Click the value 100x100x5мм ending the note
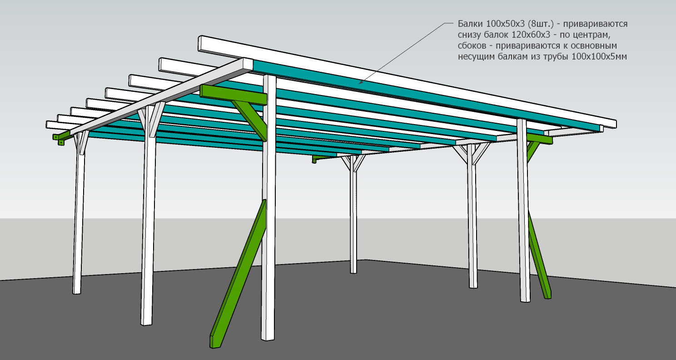point(599,56)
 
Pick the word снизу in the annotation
point(470,35)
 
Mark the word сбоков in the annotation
point(472,45)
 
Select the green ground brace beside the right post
point(540,255)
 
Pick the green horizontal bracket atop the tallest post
point(233,95)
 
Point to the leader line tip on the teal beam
point(358,83)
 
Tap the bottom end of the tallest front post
point(268,339)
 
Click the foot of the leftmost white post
point(77,292)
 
